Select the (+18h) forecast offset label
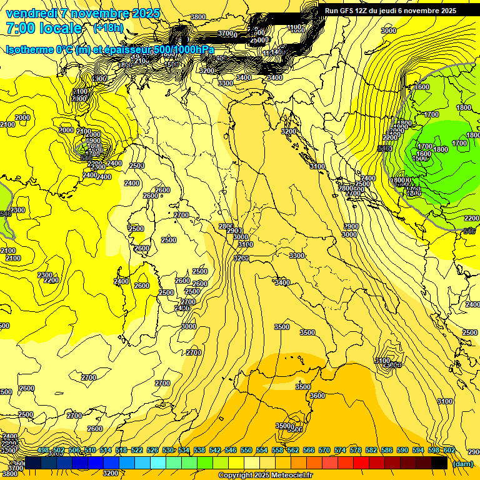pyautogui.click(x=109, y=28)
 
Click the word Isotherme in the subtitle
pyautogui.click(x=28, y=49)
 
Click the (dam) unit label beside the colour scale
pyautogui.click(x=462, y=464)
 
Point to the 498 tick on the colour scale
pyautogui.click(x=44, y=450)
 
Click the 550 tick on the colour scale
pyautogui.click(x=246, y=450)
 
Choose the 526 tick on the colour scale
pyautogui.click(x=152, y=450)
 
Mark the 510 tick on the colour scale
pyautogui.click(x=90, y=450)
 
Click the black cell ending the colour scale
pyautogui.click(x=439, y=463)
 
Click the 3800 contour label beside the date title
pyautogui.click(x=197, y=17)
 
